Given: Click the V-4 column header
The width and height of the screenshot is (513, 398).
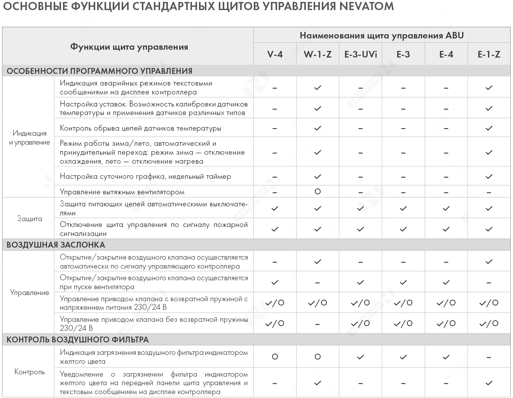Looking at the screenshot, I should pos(275,54).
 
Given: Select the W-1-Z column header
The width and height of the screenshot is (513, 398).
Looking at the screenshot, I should pos(318,54).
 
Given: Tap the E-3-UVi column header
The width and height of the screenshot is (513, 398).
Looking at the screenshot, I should pos(361,54).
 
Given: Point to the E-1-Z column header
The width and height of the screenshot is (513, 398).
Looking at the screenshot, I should pos(489,54).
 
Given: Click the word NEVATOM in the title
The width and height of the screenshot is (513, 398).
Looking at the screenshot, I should pos(366,7).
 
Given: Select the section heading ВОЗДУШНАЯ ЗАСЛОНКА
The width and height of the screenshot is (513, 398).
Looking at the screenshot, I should pos(56,245).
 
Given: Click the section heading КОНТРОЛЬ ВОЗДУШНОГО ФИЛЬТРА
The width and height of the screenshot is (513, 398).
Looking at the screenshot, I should pos(77,340).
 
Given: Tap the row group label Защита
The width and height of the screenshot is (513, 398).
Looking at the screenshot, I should pos(30,218).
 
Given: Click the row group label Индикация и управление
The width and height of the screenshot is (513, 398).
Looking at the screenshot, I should pos(30,138).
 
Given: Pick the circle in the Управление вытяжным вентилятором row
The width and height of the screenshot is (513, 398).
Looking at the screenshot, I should pos(318,192).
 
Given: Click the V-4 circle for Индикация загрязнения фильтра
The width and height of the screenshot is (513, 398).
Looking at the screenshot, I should pos(275,357).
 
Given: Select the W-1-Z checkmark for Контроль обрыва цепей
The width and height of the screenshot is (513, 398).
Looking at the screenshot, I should pos(318,128).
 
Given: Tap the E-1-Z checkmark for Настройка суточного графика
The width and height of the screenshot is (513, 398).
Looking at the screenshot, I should pos(489,176).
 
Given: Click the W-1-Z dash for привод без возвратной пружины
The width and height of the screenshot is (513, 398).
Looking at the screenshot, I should pos(318,324).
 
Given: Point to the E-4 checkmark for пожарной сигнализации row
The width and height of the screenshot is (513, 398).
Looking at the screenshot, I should pos(446,229).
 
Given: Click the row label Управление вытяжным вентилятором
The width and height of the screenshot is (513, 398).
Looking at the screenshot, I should pos(122,192).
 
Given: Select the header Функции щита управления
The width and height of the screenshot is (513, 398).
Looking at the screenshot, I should pos(129,47).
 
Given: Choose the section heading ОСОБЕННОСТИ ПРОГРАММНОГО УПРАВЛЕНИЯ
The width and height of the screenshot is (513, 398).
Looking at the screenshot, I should pos(99,71).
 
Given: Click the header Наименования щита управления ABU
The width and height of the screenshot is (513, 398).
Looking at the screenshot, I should pos(382,35).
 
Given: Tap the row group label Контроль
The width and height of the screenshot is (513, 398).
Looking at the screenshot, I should pos(30,372).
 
